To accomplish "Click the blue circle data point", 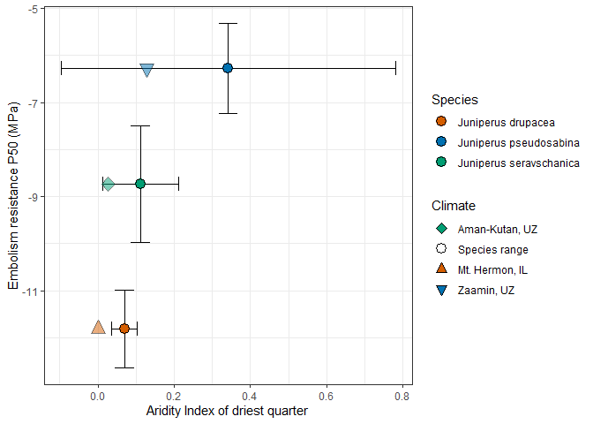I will (x=228, y=68).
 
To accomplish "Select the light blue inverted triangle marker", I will (x=147, y=69).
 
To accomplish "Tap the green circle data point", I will (x=140, y=184).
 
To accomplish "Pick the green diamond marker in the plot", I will (x=108, y=184).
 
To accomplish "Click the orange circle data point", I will (x=124, y=329).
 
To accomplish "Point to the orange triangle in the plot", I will (x=98, y=328).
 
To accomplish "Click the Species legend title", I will (x=454, y=100).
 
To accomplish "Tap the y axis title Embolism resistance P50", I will (x=14, y=196).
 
